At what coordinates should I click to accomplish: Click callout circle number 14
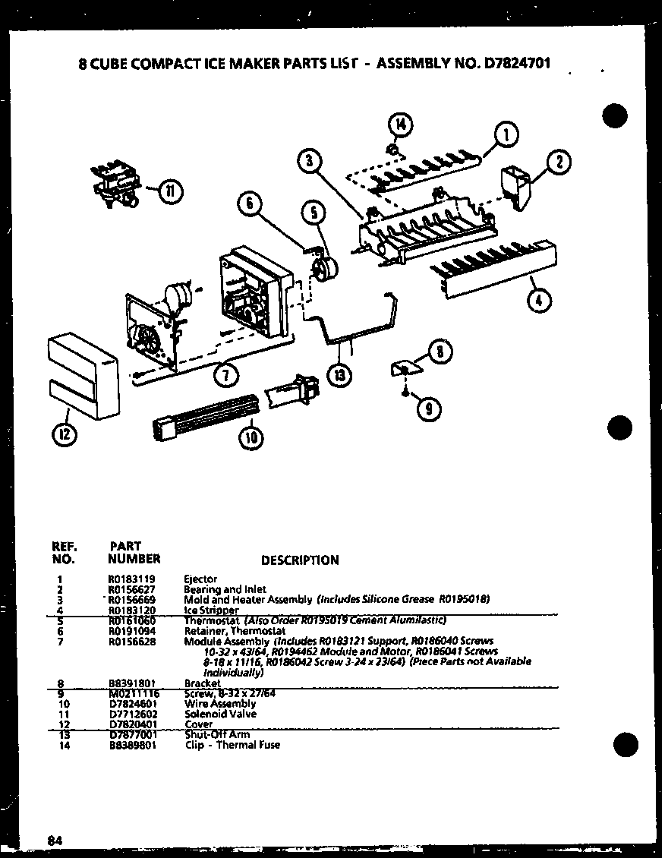[x=402, y=123]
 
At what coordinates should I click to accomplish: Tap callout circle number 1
[x=506, y=136]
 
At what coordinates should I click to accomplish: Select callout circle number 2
[x=559, y=162]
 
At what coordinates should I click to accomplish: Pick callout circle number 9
[x=430, y=409]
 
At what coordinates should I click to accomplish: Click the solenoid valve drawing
[x=114, y=183]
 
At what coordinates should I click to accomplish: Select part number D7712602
[x=128, y=714]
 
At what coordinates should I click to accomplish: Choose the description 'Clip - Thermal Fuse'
[x=232, y=745]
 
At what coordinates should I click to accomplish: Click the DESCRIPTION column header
[x=300, y=560]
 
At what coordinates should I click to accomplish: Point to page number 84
[x=54, y=840]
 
